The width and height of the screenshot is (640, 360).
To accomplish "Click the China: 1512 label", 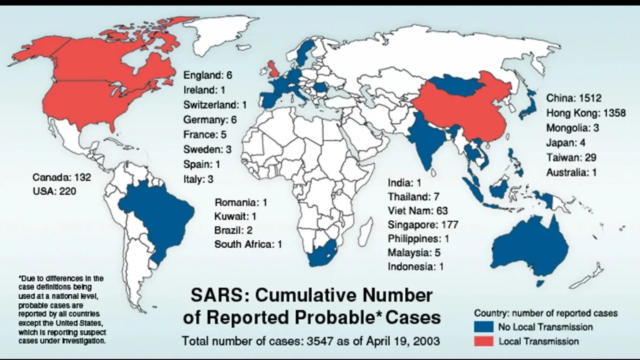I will tap(573, 98).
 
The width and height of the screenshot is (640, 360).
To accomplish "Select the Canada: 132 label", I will tap(61, 178).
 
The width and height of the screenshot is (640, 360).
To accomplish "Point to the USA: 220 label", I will tap(54, 191).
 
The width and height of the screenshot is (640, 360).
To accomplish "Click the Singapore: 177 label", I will tap(423, 225).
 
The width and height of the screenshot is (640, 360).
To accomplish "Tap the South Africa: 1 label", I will tap(248, 244).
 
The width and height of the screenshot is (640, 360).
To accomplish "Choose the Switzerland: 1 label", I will tap(215, 105).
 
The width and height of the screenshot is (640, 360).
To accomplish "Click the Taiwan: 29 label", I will tap(571, 157).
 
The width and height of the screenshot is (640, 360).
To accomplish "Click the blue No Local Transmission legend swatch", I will tap(484, 327).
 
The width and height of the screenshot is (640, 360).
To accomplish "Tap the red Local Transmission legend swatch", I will tap(484, 341).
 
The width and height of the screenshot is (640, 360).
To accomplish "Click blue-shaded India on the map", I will tap(426, 141).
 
